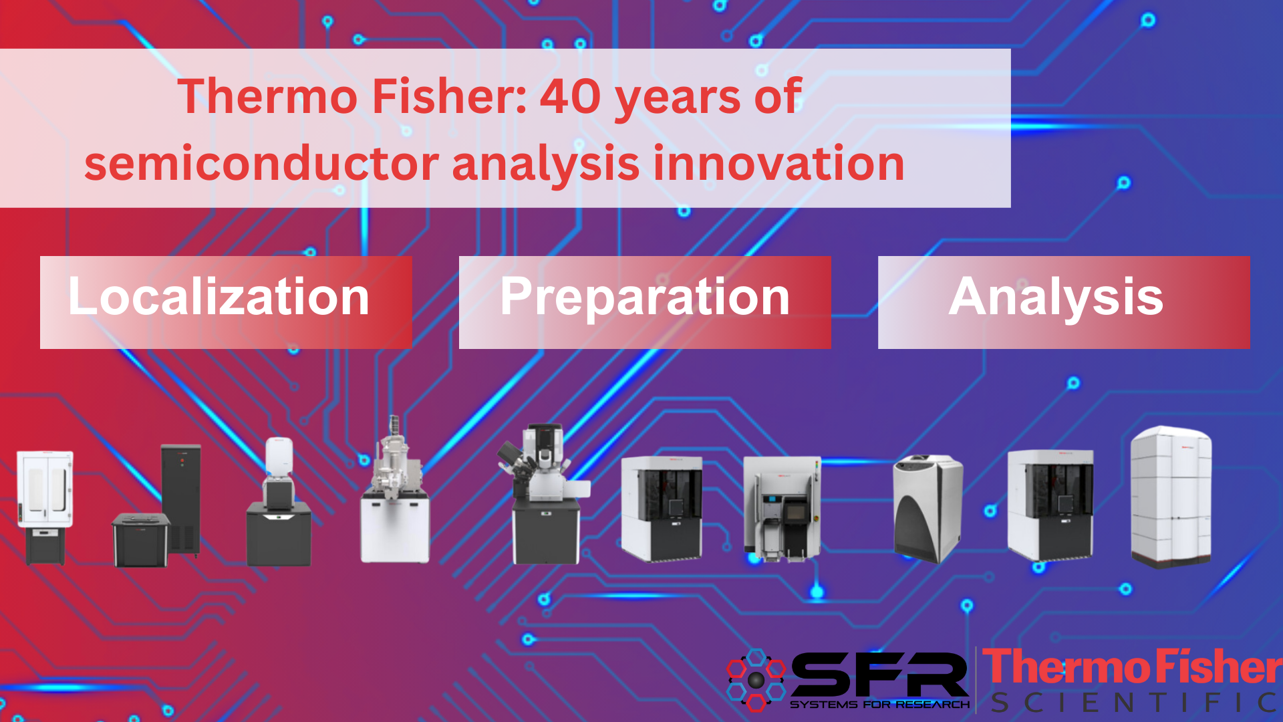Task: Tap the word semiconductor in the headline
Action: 261,164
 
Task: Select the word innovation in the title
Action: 778,164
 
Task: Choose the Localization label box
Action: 226,302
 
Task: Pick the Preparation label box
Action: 645,302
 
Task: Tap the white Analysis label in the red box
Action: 1056,297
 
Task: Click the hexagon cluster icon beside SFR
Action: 756,679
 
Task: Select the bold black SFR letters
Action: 879,675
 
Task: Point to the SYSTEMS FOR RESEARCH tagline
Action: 879,705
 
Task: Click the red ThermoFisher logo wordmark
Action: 1132,667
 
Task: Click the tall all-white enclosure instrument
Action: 1171,497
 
